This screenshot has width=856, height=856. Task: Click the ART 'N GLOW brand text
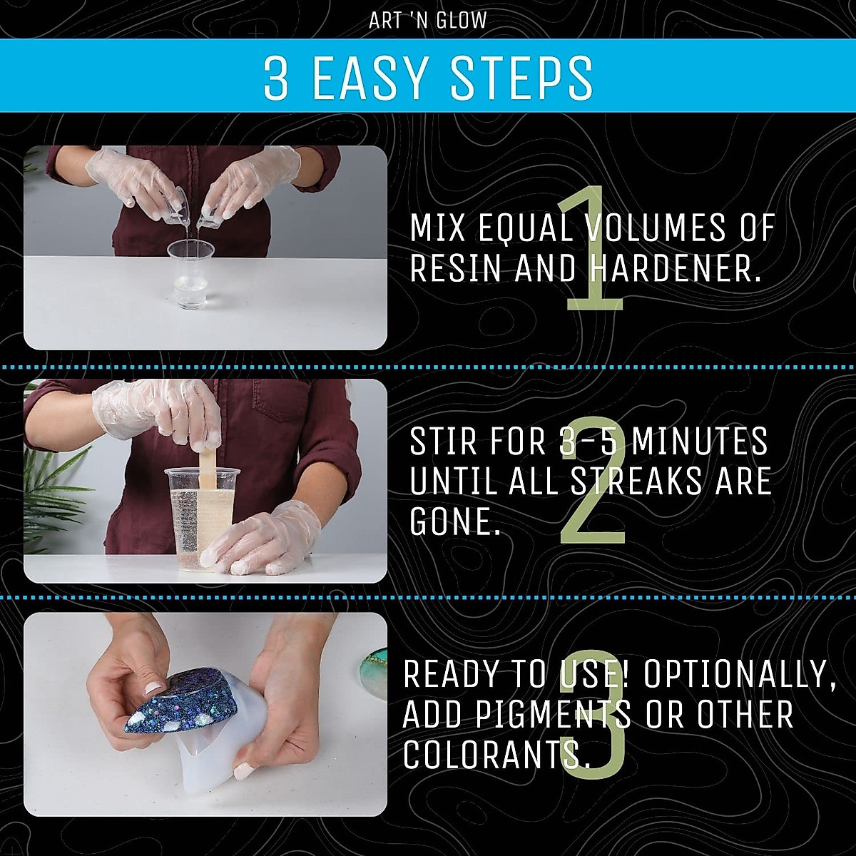427,20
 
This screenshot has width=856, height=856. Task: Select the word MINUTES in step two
700,442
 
